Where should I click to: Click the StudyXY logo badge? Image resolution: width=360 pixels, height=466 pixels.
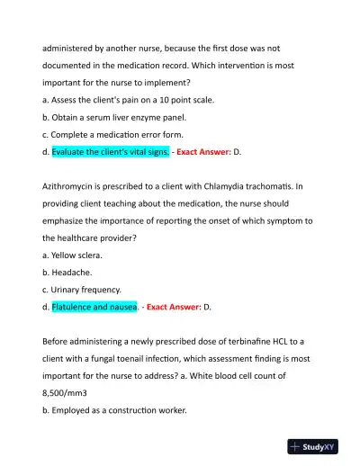[319, 445]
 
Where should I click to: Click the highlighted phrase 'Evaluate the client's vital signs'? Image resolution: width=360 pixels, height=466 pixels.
[111, 152]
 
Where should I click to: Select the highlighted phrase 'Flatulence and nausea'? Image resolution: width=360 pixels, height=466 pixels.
[94, 307]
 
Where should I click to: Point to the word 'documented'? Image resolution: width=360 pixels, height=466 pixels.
[74, 66]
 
